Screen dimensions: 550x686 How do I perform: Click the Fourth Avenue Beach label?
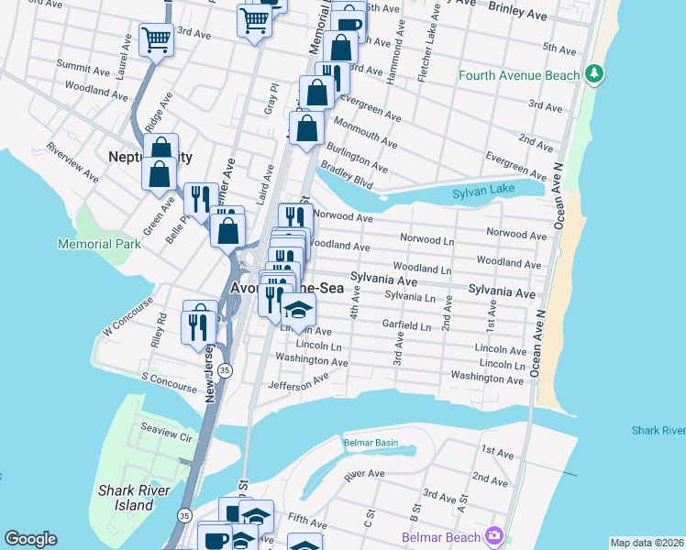(520, 75)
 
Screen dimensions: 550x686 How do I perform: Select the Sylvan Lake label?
(484, 193)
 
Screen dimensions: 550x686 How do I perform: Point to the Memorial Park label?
(99, 244)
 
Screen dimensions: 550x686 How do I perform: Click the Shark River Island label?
(126, 497)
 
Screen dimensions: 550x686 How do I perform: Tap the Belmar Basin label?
(371, 443)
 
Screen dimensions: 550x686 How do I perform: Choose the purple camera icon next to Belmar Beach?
(494, 534)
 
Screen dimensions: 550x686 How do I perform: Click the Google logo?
(30, 539)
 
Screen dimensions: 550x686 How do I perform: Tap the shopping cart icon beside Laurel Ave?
(157, 40)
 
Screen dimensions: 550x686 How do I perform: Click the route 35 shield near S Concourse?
(225, 369)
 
